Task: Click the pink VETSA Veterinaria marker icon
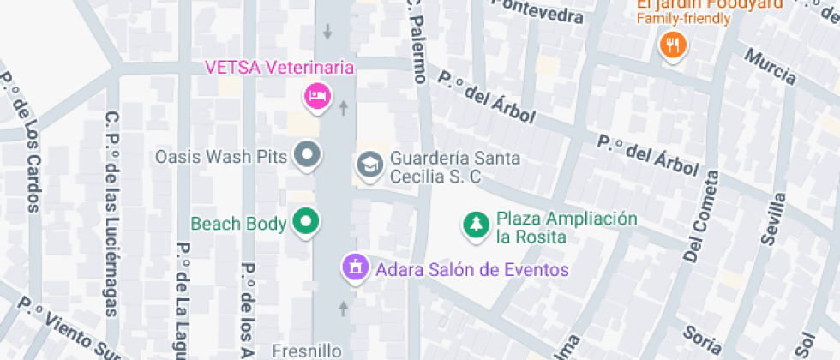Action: pos(317,95)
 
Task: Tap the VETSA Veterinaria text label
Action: pos(279,68)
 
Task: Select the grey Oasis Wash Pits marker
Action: pos(307,156)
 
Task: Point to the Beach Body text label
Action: pos(238,224)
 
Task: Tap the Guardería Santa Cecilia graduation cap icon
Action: pos(369,165)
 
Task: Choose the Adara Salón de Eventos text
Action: pos(472,270)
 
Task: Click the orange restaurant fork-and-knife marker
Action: pos(673,45)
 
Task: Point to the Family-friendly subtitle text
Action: pos(684,18)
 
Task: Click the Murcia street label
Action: pos(771,67)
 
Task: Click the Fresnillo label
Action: pos(307,351)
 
